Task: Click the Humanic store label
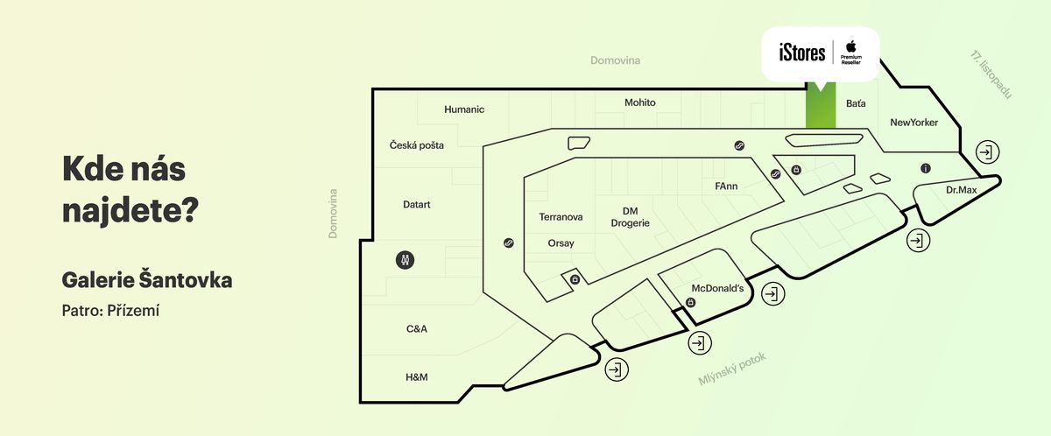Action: point(464,109)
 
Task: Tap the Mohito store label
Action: point(639,102)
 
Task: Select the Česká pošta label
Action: point(417,145)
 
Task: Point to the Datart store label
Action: point(416,205)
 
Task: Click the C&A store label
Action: point(417,329)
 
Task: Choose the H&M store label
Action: point(416,377)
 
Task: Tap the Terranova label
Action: point(561,217)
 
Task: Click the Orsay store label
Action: point(561,243)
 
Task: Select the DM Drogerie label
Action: point(630,217)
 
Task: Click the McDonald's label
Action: point(717,288)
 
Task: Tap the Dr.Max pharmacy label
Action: point(961,190)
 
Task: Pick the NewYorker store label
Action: point(913,123)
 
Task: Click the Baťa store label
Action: point(856,103)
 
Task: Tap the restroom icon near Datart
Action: point(405,260)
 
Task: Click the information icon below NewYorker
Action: point(925,168)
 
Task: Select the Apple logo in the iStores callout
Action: point(850,46)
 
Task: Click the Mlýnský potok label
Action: point(732,369)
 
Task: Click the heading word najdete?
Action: point(131,209)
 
